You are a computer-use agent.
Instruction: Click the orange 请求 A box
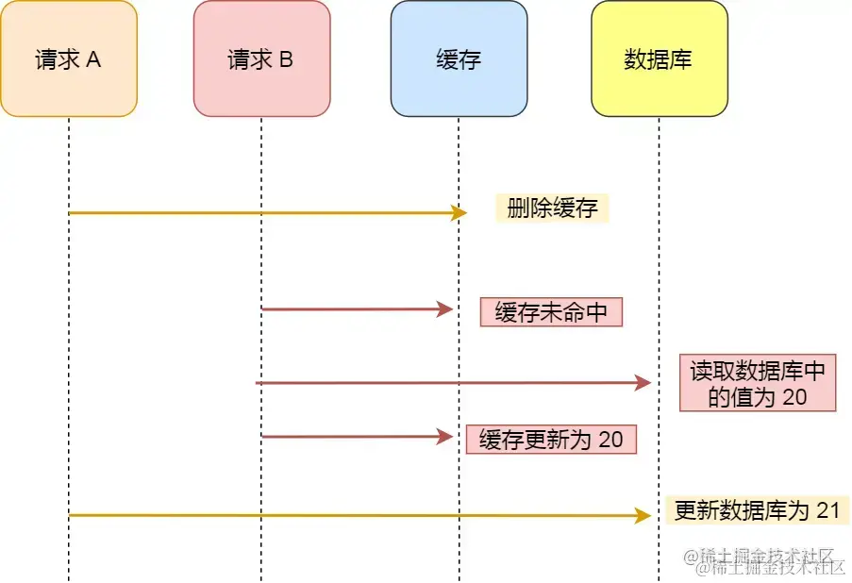(69, 58)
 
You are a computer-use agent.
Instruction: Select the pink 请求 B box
(261, 58)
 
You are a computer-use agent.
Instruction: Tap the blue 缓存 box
(459, 58)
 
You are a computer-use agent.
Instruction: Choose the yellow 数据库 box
(659, 58)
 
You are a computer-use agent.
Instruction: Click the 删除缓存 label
(552, 208)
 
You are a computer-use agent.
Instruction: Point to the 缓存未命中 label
(551, 312)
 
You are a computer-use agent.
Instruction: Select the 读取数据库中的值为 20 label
(758, 384)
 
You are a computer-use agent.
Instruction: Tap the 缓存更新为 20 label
(551, 440)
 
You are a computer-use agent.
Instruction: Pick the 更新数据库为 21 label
(757, 510)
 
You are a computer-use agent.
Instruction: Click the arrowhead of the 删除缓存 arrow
(459, 213)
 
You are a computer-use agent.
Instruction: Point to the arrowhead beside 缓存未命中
(446, 309)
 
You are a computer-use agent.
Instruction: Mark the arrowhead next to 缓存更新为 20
(446, 437)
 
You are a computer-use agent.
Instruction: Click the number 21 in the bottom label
(827, 510)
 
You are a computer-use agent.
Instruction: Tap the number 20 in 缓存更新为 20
(610, 440)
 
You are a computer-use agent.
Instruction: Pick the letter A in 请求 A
(93, 59)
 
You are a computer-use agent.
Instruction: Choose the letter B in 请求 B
(286, 59)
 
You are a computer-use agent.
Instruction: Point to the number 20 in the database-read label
(794, 397)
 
